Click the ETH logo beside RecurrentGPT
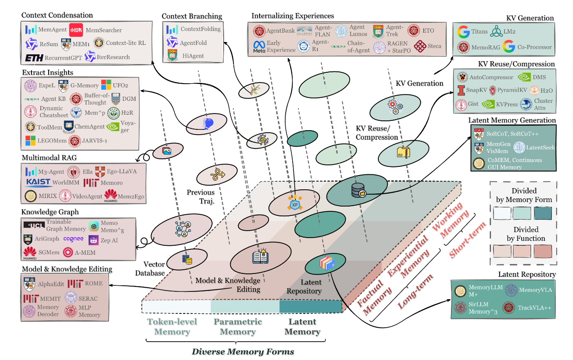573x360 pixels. (34, 58)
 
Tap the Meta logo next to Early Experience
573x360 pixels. (259, 47)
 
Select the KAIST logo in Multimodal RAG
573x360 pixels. (38, 182)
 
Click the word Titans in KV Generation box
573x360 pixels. (479, 31)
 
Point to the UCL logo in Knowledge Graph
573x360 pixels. (34, 225)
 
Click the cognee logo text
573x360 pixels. (73, 239)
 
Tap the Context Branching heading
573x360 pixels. (192, 16)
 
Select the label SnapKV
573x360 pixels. (476, 90)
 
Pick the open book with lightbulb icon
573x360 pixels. (260, 256)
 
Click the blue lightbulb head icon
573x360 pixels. (208, 123)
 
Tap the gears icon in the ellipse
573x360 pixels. (395, 107)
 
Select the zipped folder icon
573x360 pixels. (404, 152)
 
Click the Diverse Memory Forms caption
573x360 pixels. (243, 351)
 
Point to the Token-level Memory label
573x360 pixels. (172, 327)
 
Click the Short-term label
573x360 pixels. (467, 240)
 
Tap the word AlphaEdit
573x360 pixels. (51, 284)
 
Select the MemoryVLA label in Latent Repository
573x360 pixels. (535, 290)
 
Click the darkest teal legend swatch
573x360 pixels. (542, 213)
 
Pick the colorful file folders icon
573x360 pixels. (327, 263)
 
